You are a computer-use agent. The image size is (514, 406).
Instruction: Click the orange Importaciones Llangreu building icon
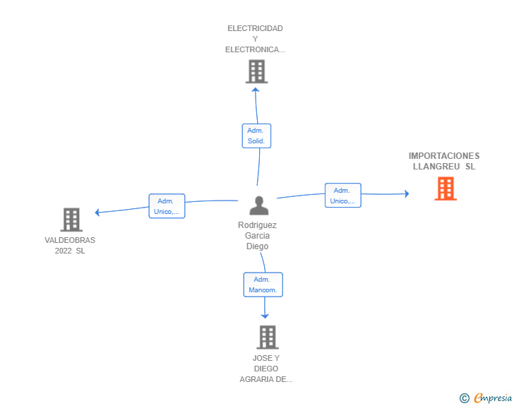pyautogui.click(x=445, y=189)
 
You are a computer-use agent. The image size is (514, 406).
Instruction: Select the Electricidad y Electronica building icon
pyautogui.click(x=256, y=71)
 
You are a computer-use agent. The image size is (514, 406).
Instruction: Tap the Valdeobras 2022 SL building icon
pyautogui.click(x=71, y=220)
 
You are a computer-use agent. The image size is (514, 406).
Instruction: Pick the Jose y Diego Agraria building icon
pyautogui.click(x=267, y=337)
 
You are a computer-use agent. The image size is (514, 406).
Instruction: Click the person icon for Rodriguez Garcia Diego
pyautogui.click(x=259, y=205)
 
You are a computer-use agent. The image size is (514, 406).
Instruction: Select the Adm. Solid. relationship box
pyautogui.click(x=256, y=136)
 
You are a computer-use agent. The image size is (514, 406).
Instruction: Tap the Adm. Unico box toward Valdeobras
pyautogui.click(x=167, y=205)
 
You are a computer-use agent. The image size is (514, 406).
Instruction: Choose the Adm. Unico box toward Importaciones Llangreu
pyautogui.click(x=342, y=196)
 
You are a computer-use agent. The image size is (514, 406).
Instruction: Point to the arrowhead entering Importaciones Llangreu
pyautogui.click(x=406, y=193)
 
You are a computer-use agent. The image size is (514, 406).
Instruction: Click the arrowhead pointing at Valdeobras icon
pyautogui.click(x=97, y=212)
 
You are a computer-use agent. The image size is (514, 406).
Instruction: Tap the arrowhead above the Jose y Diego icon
pyautogui.click(x=265, y=316)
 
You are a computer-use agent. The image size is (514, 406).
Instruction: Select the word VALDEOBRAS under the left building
pyautogui.click(x=70, y=240)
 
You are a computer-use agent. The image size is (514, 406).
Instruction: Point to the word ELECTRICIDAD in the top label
pyautogui.click(x=255, y=28)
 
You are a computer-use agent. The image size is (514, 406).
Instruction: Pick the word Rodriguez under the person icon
pyautogui.click(x=258, y=225)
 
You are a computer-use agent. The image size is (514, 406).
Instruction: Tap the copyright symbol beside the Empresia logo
pyautogui.click(x=464, y=398)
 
